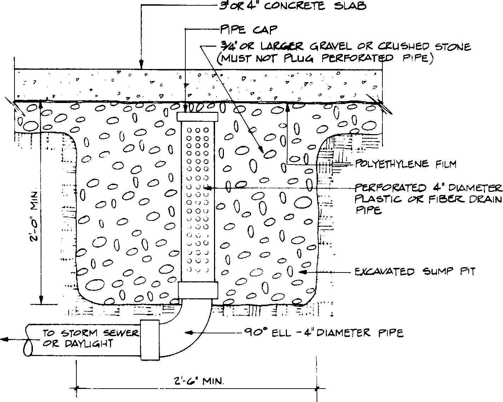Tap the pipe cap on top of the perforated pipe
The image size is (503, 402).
[x=197, y=117]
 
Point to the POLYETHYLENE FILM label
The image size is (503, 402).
[x=405, y=164]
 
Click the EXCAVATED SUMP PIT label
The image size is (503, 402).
[x=415, y=272]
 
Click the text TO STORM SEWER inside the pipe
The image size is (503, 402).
[x=91, y=333]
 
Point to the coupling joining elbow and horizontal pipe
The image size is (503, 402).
[x=150, y=340]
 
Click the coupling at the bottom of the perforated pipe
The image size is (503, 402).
[x=197, y=290]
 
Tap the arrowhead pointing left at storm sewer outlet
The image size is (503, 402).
[x=4, y=340]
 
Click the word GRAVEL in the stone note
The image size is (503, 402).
[x=329, y=46]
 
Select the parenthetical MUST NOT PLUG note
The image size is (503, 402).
[x=325, y=58]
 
